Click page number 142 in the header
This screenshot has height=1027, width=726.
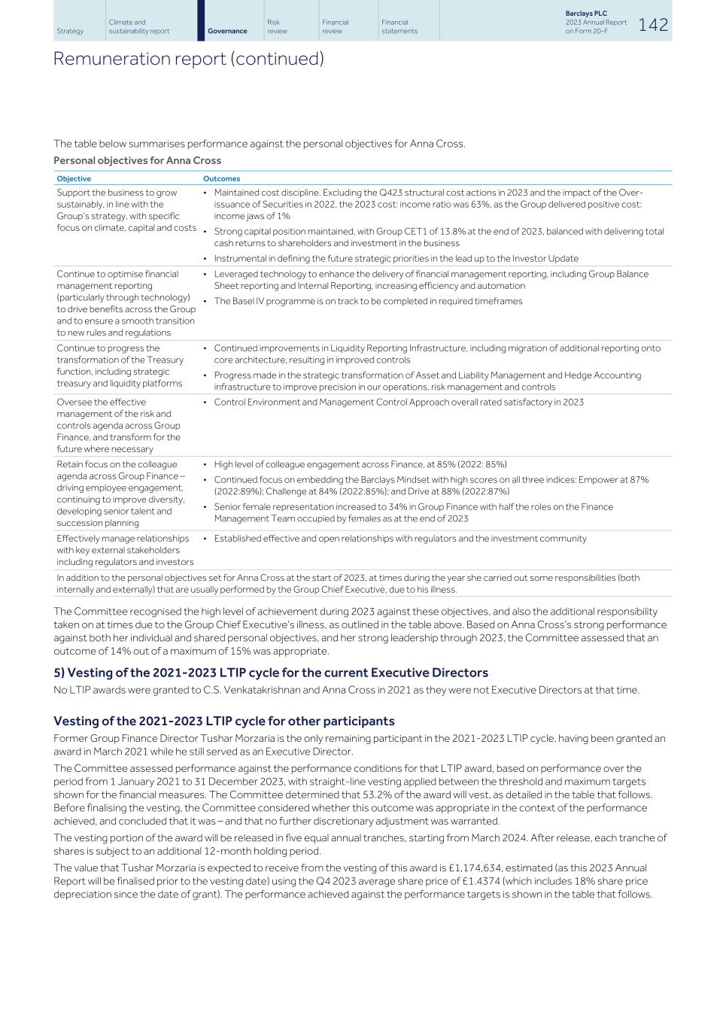click(x=653, y=25)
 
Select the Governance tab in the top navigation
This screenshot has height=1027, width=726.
click(x=227, y=31)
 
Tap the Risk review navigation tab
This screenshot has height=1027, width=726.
click(x=277, y=26)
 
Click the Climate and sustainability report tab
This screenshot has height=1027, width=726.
click(x=139, y=26)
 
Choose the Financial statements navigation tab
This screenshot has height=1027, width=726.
click(x=399, y=26)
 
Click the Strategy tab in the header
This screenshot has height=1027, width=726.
click(x=70, y=31)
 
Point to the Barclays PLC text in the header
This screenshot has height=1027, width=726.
click(x=586, y=14)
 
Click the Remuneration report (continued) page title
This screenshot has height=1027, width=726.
click(x=188, y=59)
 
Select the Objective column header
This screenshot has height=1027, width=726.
click(x=74, y=178)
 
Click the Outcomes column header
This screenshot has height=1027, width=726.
click(x=221, y=178)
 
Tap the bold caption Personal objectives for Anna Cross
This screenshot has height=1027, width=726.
click(x=137, y=160)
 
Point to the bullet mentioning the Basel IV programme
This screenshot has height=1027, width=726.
click(x=368, y=301)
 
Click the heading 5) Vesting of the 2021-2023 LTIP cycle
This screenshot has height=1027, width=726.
click(x=270, y=673)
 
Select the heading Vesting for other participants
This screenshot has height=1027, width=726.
click(x=223, y=721)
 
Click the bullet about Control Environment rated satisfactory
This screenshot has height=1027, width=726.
click(x=399, y=402)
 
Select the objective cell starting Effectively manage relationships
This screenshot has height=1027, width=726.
click(x=125, y=550)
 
